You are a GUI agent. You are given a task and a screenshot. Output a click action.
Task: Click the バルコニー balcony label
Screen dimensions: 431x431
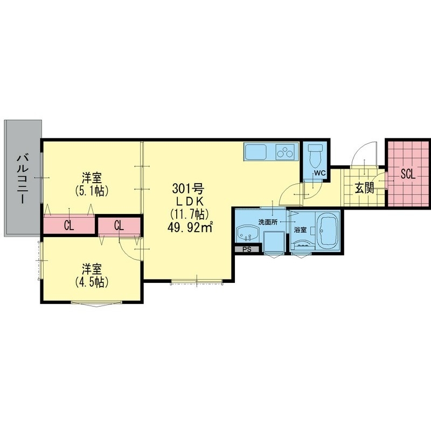click(23, 178)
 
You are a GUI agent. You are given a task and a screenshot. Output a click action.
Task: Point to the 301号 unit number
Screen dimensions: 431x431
click(187, 189)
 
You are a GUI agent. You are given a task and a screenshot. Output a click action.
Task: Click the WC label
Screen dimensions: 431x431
click(319, 173)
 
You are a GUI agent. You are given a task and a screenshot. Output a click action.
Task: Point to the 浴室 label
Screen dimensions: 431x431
click(301, 230)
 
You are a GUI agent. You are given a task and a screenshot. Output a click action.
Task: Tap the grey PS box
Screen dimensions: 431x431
click(247, 249)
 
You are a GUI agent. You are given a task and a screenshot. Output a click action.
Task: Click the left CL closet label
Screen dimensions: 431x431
click(69, 225)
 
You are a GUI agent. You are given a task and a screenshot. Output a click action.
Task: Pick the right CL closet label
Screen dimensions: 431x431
click(119, 225)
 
